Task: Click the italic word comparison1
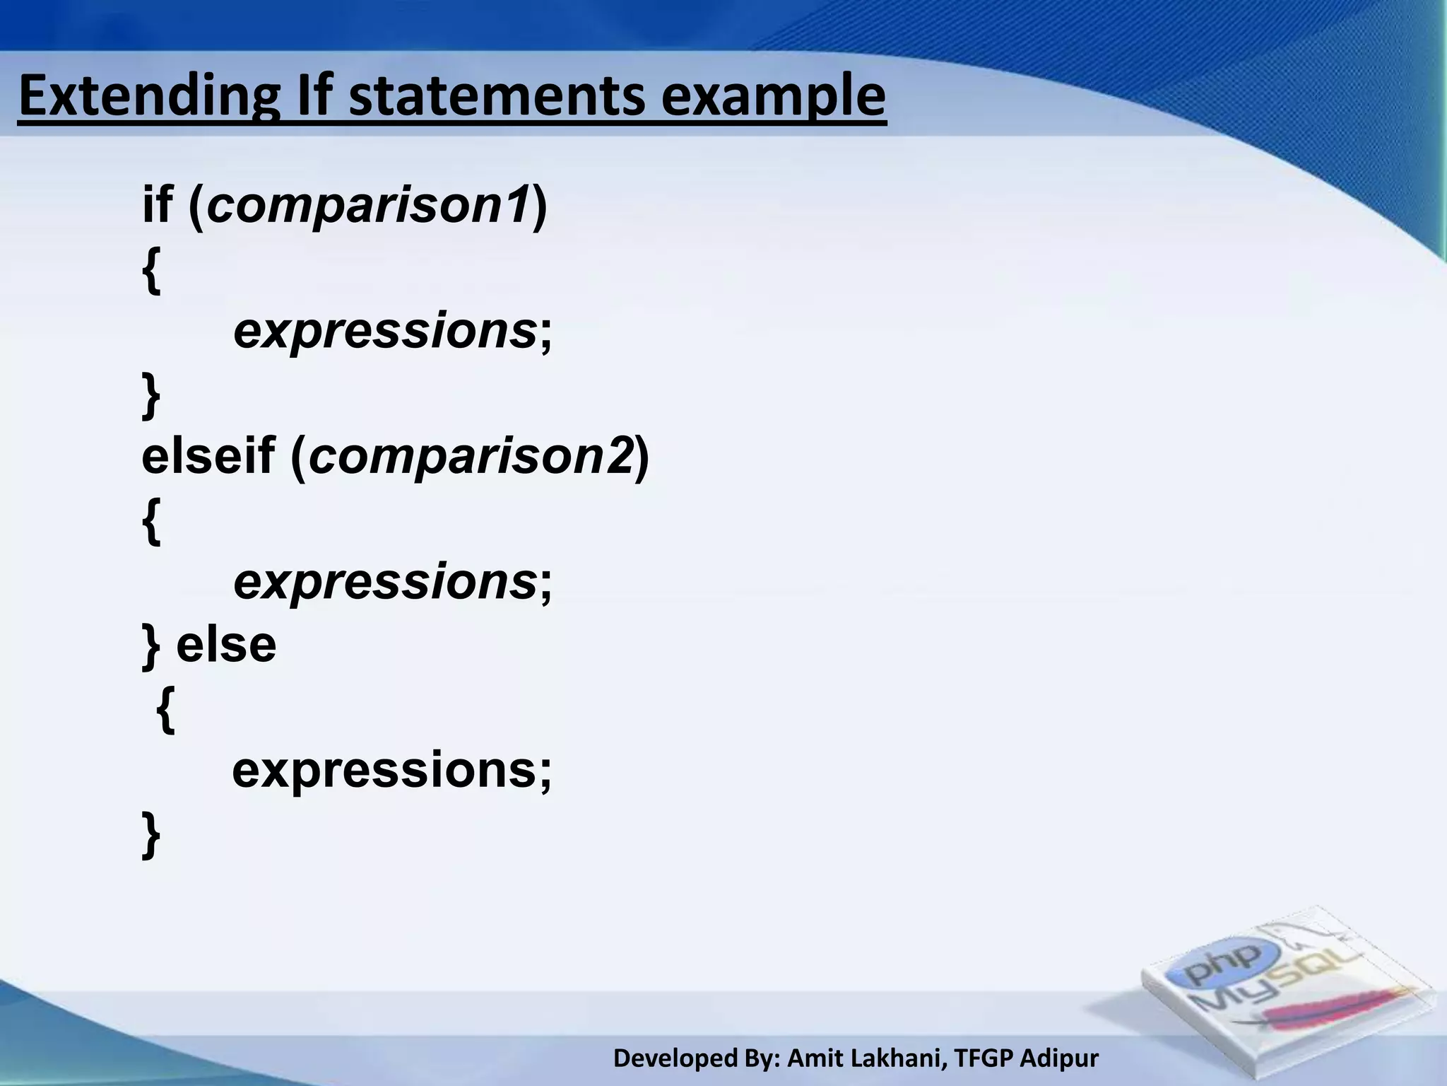click(367, 204)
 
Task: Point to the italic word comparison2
click(471, 456)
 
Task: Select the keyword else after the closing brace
click(226, 644)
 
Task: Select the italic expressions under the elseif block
click(384, 582)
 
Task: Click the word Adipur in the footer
click(1060, 1058)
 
